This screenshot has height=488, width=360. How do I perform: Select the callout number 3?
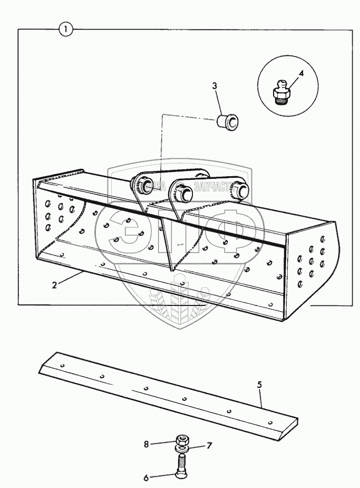click(215, 86)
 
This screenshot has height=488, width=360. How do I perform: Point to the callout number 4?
click(301, 74)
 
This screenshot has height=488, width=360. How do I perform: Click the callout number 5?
click(260, 385)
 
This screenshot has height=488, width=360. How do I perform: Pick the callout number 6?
click(146, 478)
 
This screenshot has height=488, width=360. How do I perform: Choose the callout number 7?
click(209, 446)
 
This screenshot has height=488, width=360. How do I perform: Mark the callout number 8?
click(147, 444)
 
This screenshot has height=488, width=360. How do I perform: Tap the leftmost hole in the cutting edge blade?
click(63, 365)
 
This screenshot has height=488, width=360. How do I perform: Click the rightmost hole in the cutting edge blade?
click(270, 422)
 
